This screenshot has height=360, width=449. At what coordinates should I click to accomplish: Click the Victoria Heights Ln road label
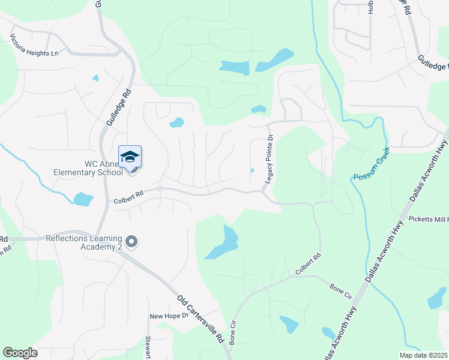click(34, 46)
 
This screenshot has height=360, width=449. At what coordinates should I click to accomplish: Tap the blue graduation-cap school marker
click(130, 157)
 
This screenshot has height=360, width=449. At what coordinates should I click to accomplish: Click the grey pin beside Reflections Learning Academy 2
click(133, 242)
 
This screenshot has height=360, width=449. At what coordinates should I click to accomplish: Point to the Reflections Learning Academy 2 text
click(84, 242)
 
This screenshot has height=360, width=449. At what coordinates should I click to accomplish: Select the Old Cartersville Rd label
click(200, 318)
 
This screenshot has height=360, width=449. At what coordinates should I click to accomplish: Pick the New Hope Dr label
click(164, 316)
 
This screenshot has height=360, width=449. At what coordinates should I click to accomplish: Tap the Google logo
click(20, 353)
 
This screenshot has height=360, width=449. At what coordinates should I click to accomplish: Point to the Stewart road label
click(148, 347)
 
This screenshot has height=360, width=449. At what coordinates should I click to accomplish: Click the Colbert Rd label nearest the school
click(129, 197)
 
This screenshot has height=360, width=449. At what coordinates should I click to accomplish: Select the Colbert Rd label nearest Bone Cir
click(308, 265)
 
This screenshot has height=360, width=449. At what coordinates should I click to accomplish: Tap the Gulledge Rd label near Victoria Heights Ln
click(118, 108)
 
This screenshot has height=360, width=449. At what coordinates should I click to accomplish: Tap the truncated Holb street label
click(371, 7)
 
